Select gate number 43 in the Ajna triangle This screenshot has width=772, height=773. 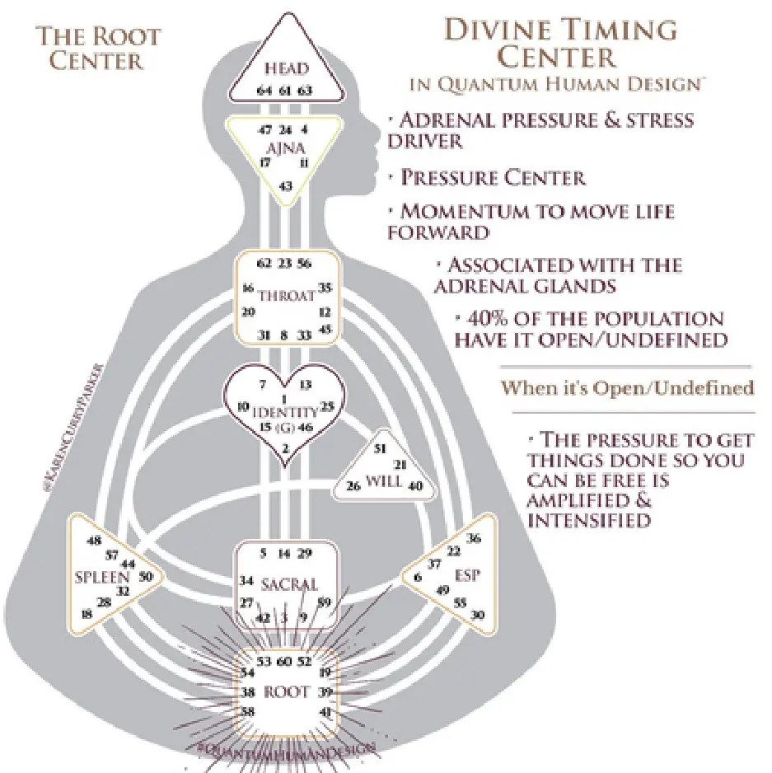[286, 187]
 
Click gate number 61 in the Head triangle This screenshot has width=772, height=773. [285, 90]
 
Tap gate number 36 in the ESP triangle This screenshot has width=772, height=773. [473, 539]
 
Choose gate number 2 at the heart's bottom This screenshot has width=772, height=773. [285, 448]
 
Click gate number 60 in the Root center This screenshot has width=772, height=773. [285, 662]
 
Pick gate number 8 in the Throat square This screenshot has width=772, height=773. [285, 335]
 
